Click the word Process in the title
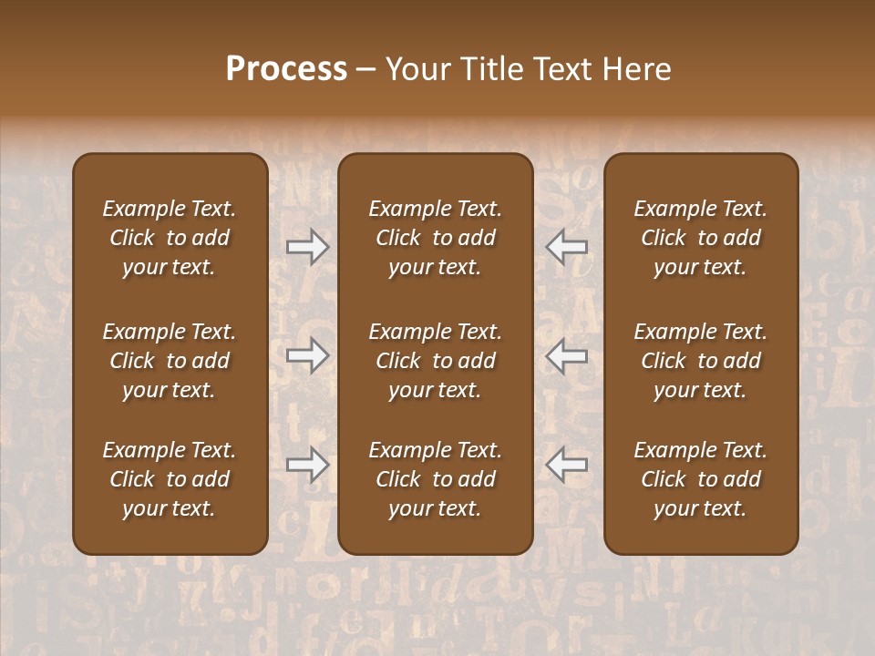tap(286, 69)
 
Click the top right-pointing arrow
tap(307, 247)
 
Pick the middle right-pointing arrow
tap(307, 355)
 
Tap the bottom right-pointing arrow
tap(307, 465)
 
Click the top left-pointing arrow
tap(566, 247)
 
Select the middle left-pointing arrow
tap(566, 355)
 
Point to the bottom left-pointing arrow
tap(566, 465)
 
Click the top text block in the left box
tap(170, 238)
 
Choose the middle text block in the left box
tap(170, 361)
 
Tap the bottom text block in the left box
tap(170, 479)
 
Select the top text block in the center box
tap(436, 238)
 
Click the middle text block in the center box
tap(436, 361)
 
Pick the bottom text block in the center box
tap(436, 479)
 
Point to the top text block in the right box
tap(701, 238)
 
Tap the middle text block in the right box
tap(701, 361)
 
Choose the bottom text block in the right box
tap(701, 479)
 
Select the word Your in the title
tap(415, 69)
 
